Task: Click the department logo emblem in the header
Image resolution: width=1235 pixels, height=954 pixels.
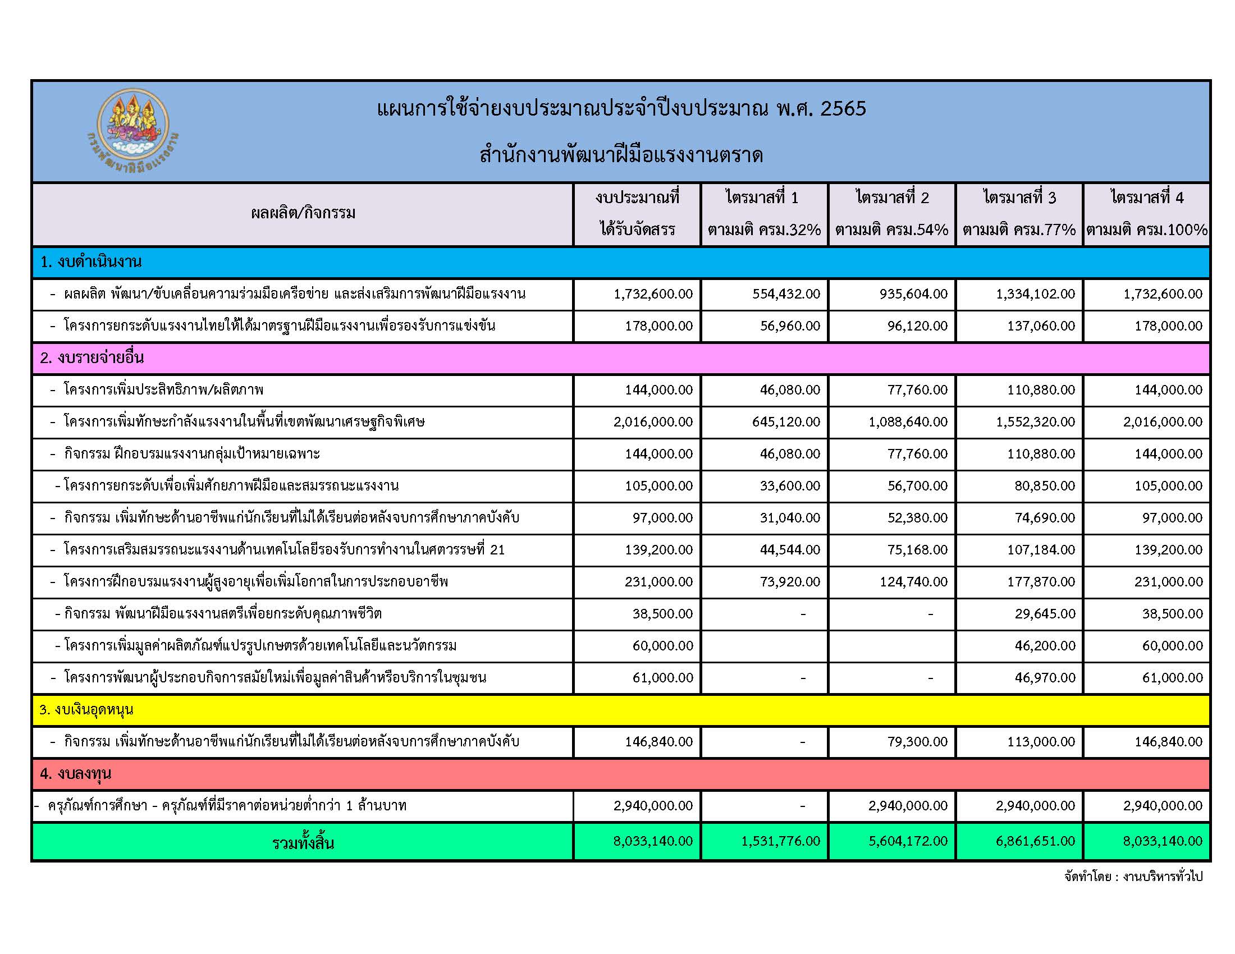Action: click(132, 130)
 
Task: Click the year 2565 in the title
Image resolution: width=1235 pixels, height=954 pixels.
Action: click(843, 108)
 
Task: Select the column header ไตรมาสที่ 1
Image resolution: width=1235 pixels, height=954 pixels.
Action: click(764, 198)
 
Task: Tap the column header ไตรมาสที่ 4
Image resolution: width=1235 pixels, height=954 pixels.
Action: click(1147, 198)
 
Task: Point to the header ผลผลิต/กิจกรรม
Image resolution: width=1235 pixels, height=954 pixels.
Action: click(303, 214)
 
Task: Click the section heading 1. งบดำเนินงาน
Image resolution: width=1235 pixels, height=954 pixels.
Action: click(90, 262)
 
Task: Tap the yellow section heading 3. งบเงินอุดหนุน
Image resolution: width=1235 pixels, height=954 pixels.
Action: click(86, 710)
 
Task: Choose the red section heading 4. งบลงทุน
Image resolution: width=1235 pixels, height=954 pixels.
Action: click(76, 774)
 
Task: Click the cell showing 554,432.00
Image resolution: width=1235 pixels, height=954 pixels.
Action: click(786, 294)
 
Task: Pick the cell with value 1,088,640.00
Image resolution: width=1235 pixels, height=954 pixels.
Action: click(908, 422)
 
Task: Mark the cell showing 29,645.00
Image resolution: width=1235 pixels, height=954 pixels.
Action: click(1045, 614)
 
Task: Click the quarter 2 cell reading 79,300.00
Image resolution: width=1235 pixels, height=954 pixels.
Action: click(917, 742)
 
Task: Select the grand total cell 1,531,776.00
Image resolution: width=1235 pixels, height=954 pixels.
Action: click(780, 841)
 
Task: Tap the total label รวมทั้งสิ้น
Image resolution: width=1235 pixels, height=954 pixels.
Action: click(303, 843)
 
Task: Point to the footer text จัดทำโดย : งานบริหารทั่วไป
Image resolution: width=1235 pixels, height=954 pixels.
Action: click(1133, 877)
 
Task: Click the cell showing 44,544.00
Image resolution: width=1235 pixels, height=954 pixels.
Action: click(789, 550)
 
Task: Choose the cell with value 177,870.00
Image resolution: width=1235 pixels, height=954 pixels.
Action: click(1041, 582)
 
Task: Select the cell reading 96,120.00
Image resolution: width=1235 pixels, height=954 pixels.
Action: click(917, 326)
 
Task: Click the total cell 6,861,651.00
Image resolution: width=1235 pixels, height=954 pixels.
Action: click(1035, 841)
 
